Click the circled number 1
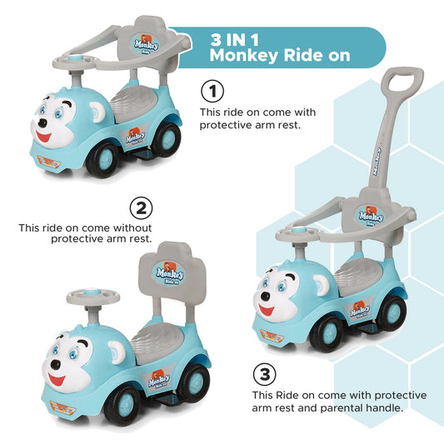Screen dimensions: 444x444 coord(214,91)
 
